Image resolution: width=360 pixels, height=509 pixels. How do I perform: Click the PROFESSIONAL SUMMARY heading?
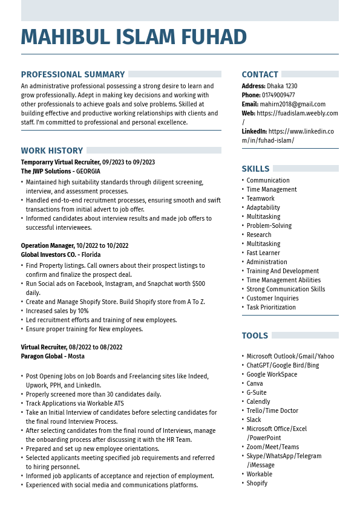73,75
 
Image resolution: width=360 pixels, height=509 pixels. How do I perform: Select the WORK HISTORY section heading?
52,151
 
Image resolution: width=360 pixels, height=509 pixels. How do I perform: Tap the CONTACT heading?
260,75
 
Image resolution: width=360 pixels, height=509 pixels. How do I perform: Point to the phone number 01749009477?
278,96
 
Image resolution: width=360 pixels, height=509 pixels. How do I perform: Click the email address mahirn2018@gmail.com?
293,105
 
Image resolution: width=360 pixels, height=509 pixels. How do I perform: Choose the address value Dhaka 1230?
282,86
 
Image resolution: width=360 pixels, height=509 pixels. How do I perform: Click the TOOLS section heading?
255,336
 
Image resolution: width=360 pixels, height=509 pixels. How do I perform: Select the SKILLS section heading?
255,169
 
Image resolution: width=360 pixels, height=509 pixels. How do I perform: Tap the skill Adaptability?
263,208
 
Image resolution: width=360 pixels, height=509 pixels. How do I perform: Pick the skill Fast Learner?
263,253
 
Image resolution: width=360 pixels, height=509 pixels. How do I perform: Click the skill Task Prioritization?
271,308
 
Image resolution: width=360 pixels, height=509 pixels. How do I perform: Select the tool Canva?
255,384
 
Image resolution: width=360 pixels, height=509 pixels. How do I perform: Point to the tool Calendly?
258,402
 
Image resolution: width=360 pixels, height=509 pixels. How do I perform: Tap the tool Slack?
254,420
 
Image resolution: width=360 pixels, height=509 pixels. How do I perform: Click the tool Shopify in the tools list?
257,484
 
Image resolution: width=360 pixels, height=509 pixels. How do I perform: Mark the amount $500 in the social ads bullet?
198,284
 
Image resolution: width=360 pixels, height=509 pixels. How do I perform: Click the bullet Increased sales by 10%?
57,311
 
